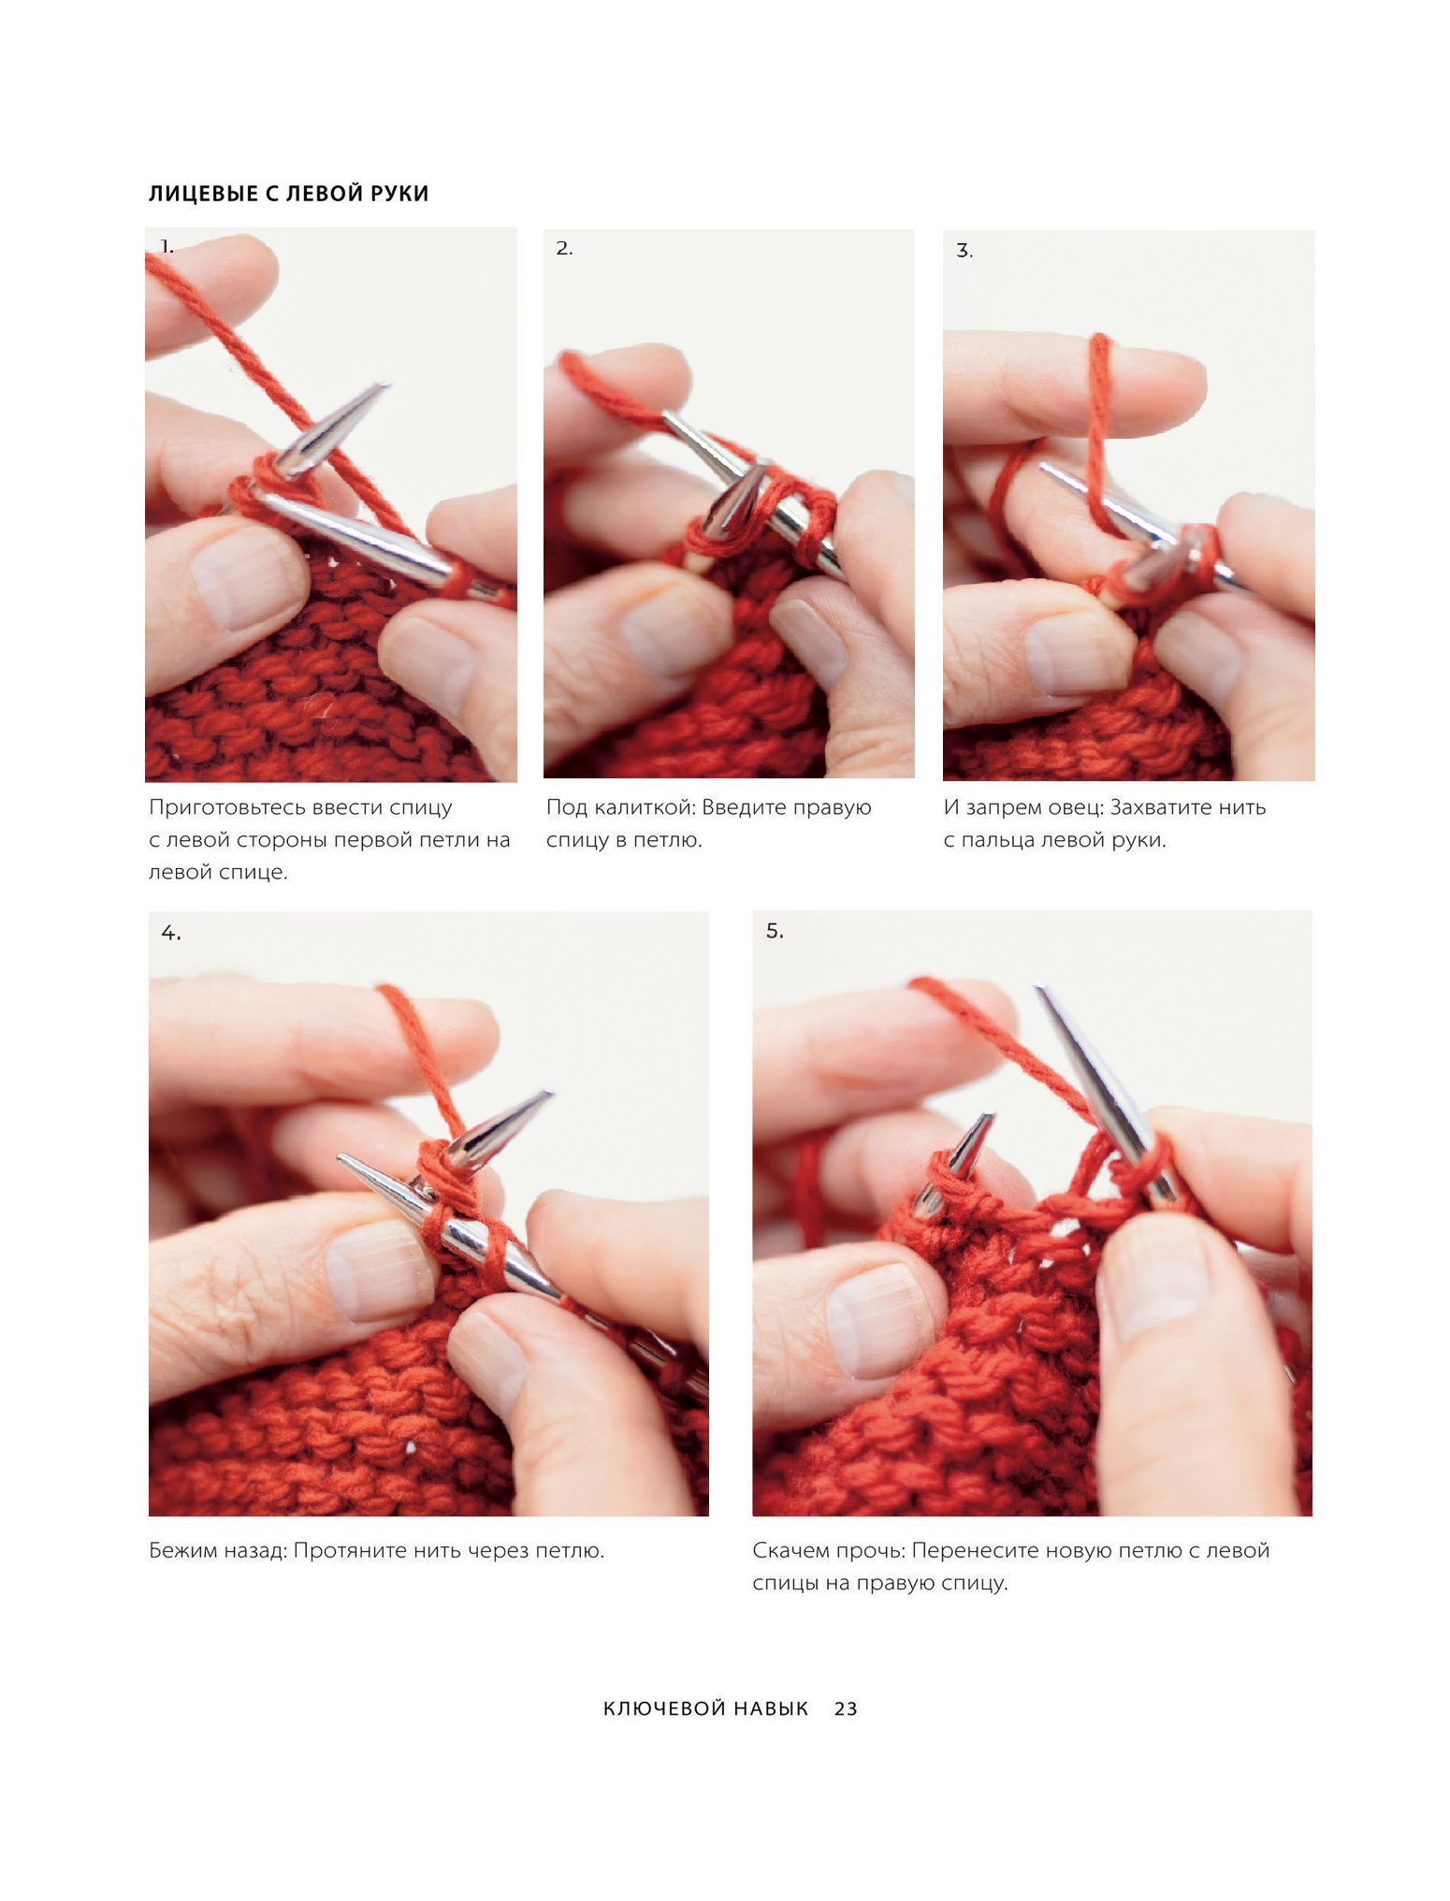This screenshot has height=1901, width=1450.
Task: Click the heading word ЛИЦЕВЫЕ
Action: tap(200, 194)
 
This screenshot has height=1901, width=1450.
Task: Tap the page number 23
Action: tap(846, 1708)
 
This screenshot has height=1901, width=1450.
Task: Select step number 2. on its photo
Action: tap(564, 249)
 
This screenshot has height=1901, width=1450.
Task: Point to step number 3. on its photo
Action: tap(964, 251)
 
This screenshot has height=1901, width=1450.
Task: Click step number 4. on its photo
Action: tap(171, 933)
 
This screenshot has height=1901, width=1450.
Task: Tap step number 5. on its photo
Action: tap(775, 931)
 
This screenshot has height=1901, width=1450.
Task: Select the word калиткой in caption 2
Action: tap(645, 807)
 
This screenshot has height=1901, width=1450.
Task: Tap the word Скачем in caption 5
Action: tap(790, 1550)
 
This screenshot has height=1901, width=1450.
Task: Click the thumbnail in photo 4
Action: tap(379, 1270)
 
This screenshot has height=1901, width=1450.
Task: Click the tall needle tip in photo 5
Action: tap(1038, 988)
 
